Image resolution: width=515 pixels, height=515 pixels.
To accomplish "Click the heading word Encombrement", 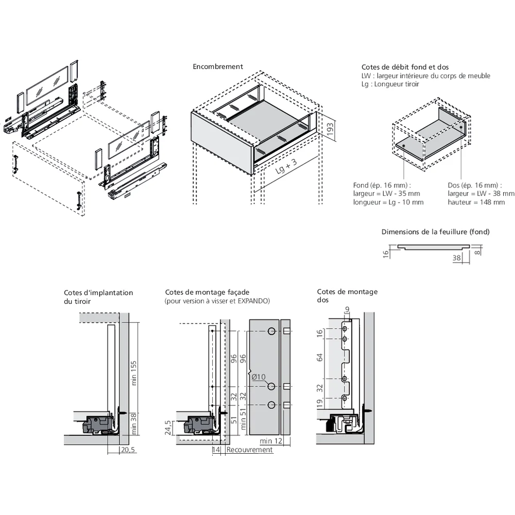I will click(x=218, y=66).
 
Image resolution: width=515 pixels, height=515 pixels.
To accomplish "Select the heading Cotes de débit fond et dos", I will click(x=405, y=67).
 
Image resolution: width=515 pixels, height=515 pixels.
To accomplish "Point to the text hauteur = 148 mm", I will click(x=476, y=202).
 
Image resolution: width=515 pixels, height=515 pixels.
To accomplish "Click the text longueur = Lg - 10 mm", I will click(x=388, y=202).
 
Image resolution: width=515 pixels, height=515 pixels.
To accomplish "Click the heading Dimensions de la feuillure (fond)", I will click(x=435, y=232).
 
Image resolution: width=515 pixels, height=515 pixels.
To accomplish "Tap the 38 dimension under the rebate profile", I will click(x=456, y=259).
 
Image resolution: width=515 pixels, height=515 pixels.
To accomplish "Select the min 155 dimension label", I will click(x=134, y=372).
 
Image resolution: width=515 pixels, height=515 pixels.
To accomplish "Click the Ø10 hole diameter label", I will click(x=259, y=377).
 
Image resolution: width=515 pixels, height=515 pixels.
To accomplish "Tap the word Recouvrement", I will click(x=249, y=450).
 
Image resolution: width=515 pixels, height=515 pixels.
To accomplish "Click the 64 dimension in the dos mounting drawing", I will click(x=320, y=358).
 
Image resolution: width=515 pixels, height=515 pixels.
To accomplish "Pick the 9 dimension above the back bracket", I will click(x=347, y=309).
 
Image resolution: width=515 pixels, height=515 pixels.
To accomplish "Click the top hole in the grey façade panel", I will click(x=271, y=331).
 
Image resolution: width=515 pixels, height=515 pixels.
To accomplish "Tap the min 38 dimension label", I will click(x=134, y=423).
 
